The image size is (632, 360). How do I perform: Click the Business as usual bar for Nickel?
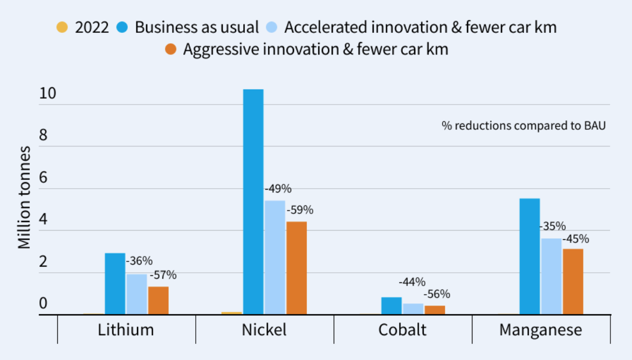click(x=253, y=202)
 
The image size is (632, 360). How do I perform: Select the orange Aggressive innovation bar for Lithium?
click(x=158, y=300)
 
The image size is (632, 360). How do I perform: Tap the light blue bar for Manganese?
click(x=551, y=276)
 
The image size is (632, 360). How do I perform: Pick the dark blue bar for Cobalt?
click(x=391, y=306)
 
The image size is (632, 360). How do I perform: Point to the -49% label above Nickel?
click(x=278, y=189)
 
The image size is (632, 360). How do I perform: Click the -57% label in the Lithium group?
click(x=163, y=275)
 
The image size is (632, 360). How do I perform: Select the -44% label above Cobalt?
click(x=412, y=282)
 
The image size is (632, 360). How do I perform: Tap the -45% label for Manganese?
click(x=576, y=239)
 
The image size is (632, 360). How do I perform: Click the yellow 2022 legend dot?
click(x=63, y=27)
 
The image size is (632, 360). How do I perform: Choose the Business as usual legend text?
click(x=197, y=27)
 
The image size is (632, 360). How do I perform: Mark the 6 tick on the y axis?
click(x=43, y=178)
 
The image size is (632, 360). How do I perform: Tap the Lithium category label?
click(x=126, y=329)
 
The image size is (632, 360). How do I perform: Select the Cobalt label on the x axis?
click(x=402, y=329)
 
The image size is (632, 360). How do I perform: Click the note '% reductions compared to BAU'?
click(x=524, y=126)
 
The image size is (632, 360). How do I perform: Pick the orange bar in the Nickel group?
click(x=296, y=268)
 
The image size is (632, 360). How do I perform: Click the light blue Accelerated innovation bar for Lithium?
click(x=136, y=294)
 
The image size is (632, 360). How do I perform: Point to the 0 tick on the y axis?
click(x=43, y=304)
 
